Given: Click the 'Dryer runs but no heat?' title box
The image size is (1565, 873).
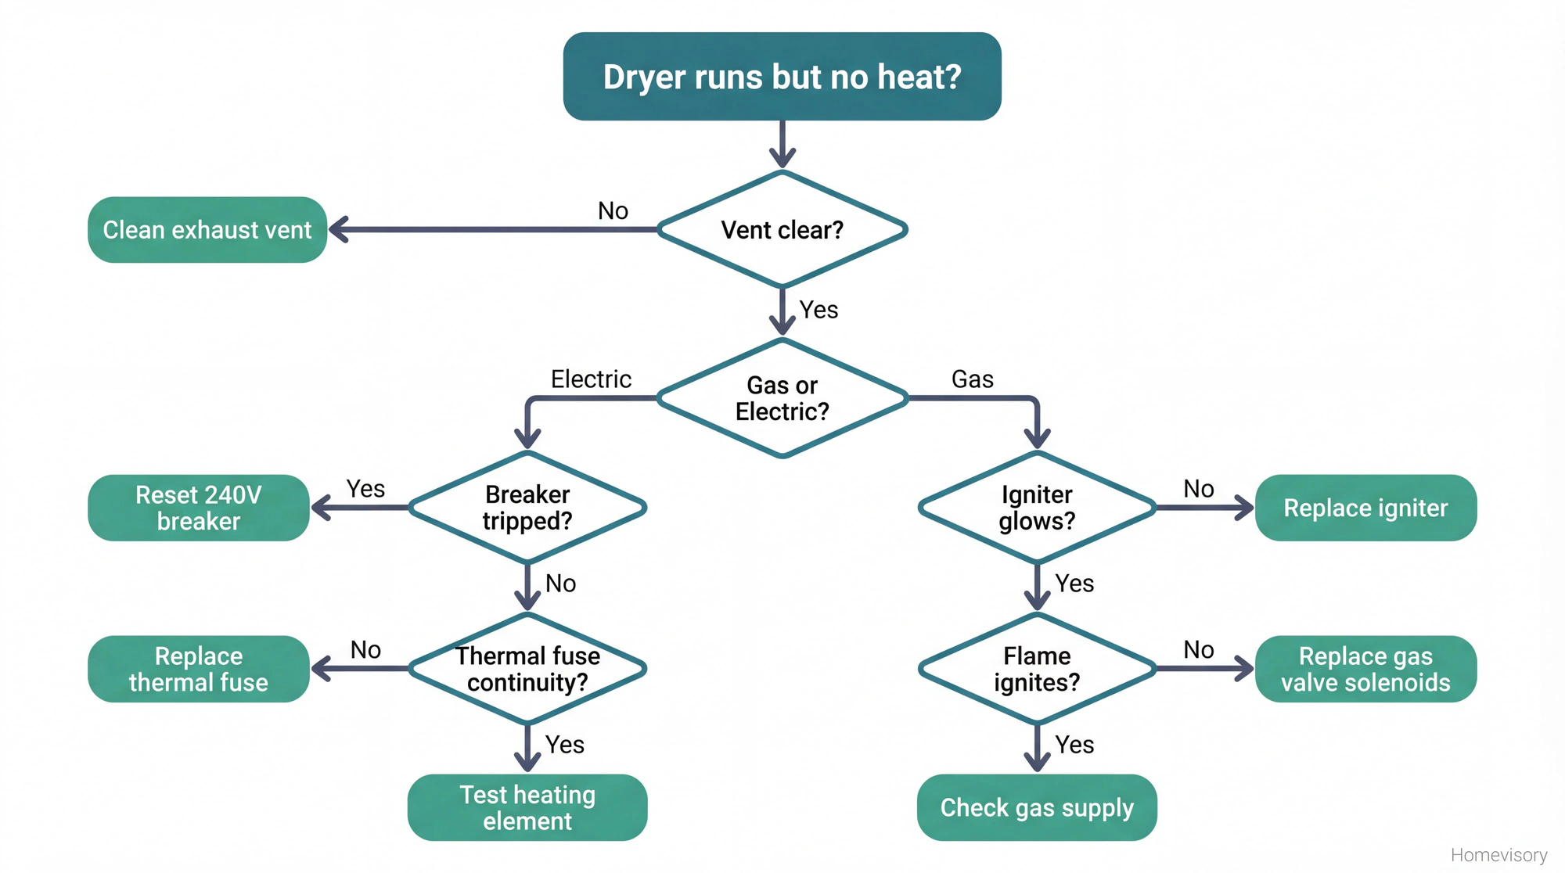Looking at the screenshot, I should (782, 77).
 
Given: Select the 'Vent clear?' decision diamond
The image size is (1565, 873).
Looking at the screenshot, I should (782, 230).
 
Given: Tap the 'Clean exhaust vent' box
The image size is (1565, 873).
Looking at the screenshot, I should (207, 230).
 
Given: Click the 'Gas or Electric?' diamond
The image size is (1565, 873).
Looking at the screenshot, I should (782, 398).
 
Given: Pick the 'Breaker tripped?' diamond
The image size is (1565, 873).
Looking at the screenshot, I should (527, 508).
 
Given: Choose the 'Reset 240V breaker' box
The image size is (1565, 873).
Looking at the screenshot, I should (199, 508).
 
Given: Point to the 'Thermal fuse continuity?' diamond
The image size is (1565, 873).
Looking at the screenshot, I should (527, 669).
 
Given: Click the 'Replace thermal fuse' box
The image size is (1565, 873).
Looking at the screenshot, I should (199, 669).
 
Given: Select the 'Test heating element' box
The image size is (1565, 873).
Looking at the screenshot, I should (527, 807).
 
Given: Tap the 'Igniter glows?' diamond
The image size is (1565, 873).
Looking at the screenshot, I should (1037, 508).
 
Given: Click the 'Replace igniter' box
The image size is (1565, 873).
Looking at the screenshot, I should (1365, 508).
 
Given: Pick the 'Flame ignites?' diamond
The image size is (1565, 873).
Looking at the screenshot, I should (1037, 669).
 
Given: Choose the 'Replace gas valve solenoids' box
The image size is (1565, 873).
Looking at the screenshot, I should (1365, 669).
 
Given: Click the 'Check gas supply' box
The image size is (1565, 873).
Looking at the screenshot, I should (1037, 807).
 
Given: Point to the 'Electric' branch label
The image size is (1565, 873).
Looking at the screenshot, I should (591, 379).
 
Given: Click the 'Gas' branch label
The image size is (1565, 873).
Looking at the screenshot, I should (972, 379).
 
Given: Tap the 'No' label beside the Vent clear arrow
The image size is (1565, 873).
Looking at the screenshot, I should (613, 211).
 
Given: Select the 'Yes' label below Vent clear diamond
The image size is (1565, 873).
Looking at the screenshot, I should (818, 310).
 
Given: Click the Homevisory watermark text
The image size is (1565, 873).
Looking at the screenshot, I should (1498, 855).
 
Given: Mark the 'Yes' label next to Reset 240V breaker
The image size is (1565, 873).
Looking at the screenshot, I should (365, 489).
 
